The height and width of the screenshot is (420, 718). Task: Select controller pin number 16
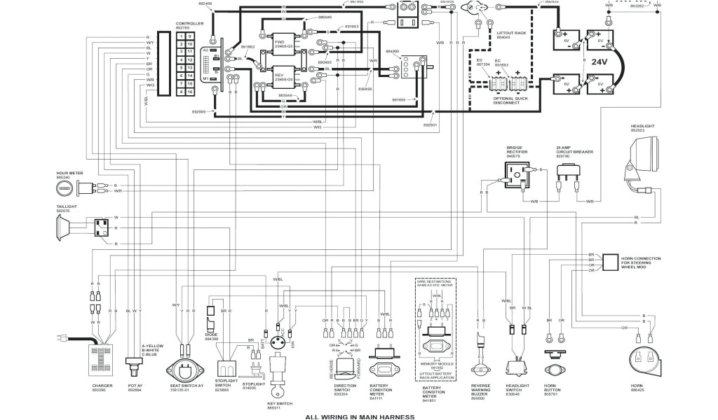pos(189,92)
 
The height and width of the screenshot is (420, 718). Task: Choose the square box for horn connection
pos(610,262)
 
